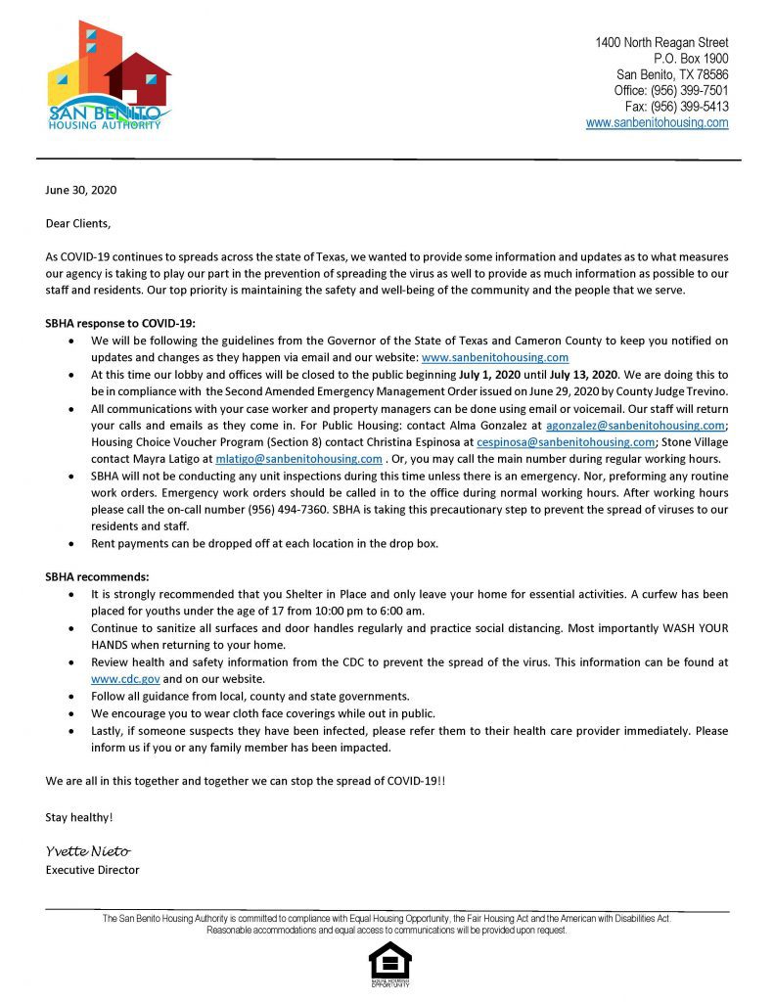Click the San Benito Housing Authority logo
pyautogui.click(x=109, y=74)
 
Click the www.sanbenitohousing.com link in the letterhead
pyautogui.click(x=657, y=122)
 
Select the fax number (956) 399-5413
pyautogui.click(x=676, y=107)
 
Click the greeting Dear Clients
pyautogui.click(x=78, y=223)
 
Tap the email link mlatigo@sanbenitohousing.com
pyautogui.click(x=298, y=459)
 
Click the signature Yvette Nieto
pyautogui.click(x=87, y=851)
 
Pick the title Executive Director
pyautogui.click(x=93, y=870)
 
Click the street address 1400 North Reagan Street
pyautogui.click(x=661, y=43)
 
